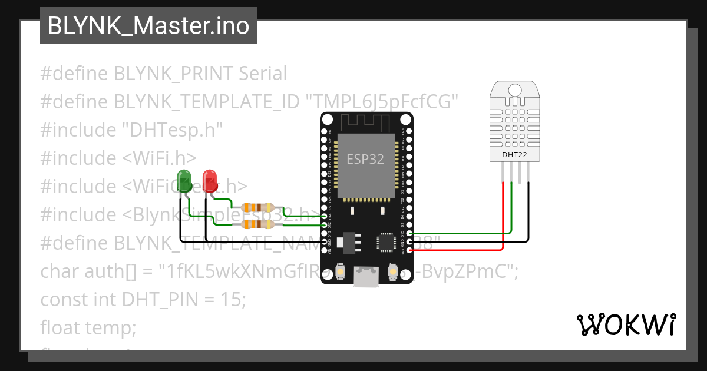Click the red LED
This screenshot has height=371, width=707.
click(209, 180)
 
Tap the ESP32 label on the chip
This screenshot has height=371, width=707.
click(365, 159)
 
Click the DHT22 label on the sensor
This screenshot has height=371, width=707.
click(514, 155)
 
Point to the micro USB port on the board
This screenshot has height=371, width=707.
click(366, 277)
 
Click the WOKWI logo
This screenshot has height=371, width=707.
click(626, 324)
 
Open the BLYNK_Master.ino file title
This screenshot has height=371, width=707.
click(148, 26)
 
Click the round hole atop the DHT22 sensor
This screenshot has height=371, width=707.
click(514, 90)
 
